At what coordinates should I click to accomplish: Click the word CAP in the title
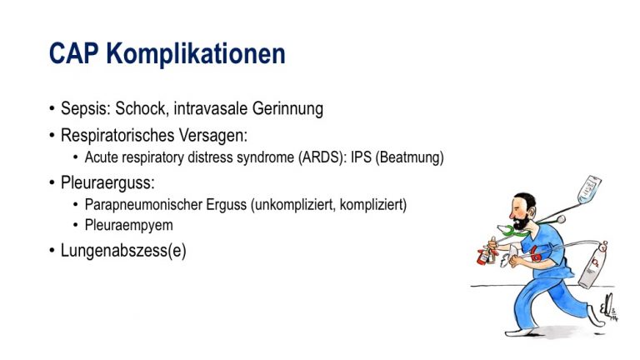tap(73, 53)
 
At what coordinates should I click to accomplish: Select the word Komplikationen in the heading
tap(196, 54)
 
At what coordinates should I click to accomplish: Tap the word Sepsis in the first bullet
tap(86, 108)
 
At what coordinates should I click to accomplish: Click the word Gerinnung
tap(287, 109)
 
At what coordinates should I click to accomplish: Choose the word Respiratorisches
tap(117, 136)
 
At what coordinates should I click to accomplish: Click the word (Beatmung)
tap(409, 157)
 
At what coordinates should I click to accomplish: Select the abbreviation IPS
tap(361, 157)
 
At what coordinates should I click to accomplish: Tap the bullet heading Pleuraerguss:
tap(107, 182)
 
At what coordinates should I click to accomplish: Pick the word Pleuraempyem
tap(128, 225)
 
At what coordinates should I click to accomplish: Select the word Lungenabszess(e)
tap(123, 251)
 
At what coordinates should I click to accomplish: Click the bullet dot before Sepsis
tap(52, 108)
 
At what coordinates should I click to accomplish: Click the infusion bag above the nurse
tap(589, 190)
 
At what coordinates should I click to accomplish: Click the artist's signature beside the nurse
tap(609, 307)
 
